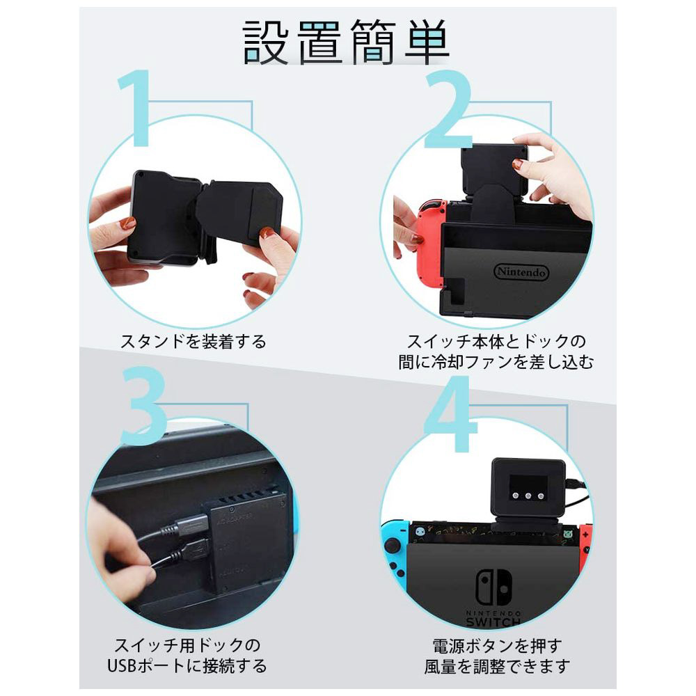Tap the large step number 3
(143, 405)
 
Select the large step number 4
(450, 413)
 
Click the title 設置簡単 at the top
(346, 42)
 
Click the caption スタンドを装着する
(193, 341)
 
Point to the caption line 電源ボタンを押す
(498, 646)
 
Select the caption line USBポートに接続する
(187, 666)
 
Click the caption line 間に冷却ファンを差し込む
(496, 362)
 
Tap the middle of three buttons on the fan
(528, 495)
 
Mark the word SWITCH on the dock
(493, 622)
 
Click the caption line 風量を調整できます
(497, 666)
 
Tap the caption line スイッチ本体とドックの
(497, 341)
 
